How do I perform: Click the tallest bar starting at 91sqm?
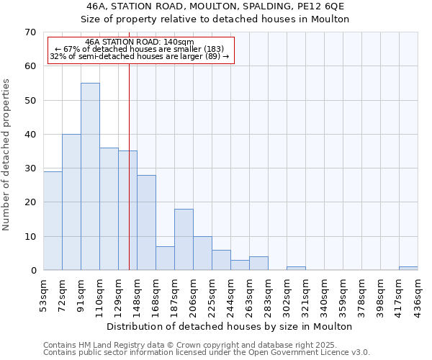90,176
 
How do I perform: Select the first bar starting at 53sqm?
53,220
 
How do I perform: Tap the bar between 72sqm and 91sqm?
71,202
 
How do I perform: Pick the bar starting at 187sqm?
184,239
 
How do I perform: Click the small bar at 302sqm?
296,268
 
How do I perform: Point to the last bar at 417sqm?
408,268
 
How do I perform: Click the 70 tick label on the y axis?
30,32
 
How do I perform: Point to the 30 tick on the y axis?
30,168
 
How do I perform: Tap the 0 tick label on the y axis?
33,271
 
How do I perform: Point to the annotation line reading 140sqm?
140,42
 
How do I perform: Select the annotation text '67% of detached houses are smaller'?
140,49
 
